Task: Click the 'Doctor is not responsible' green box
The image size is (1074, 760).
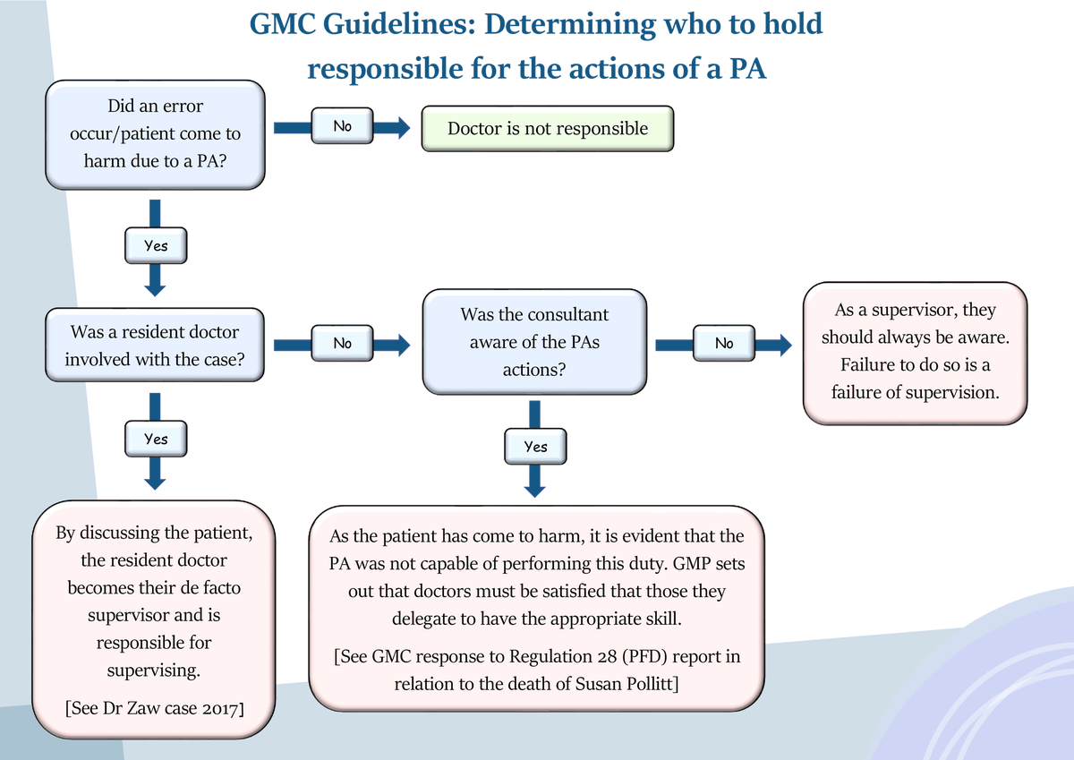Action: [547, 129]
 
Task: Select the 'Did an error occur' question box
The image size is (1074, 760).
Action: [156, 134]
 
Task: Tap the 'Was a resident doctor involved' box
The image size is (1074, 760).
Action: [155, 344]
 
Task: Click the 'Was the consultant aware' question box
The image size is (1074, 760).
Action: [534, 341]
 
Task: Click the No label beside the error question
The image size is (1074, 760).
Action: [342, 127]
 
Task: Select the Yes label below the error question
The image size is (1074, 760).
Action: [156, 244]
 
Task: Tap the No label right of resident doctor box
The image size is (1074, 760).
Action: [342, 343]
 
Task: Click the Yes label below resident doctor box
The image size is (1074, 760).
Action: [156, 439]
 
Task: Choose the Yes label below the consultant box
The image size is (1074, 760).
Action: [535, 446]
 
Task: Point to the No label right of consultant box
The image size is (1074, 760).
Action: [723, 343]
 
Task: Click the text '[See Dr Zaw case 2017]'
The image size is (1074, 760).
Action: [156, 709]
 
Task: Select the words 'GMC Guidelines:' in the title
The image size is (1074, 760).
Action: [362, 24]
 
